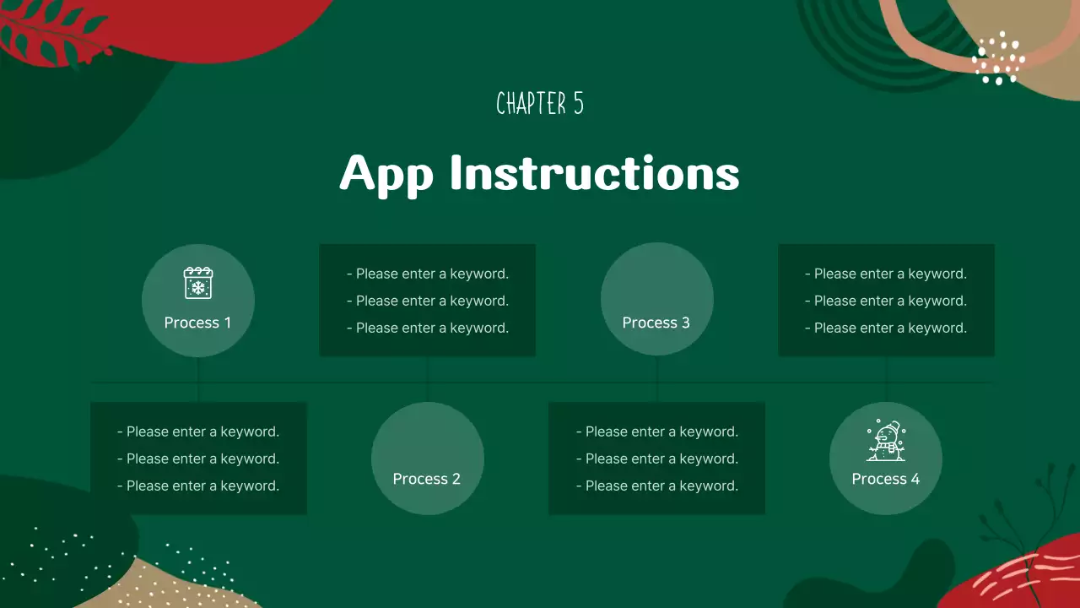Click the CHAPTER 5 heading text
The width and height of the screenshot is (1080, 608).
540,104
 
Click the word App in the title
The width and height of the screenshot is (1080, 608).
386,173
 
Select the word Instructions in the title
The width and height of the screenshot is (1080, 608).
594,173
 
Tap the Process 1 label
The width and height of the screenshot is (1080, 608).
197,323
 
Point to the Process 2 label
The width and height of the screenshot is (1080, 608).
426,479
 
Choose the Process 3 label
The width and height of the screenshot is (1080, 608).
656,323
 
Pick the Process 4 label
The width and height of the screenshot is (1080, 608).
885,479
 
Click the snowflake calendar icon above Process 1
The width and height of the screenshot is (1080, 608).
198,283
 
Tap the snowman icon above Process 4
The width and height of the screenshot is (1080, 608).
885,441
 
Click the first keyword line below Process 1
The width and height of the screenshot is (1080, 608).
198,432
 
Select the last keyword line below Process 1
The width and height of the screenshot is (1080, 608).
198,486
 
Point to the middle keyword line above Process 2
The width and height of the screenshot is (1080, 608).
428,301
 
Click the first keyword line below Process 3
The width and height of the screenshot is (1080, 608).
657,432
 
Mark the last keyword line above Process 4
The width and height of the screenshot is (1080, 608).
886,328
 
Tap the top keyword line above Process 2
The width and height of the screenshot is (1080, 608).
428,274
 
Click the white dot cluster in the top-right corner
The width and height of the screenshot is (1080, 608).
997,59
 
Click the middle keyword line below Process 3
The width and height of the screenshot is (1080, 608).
657,459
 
